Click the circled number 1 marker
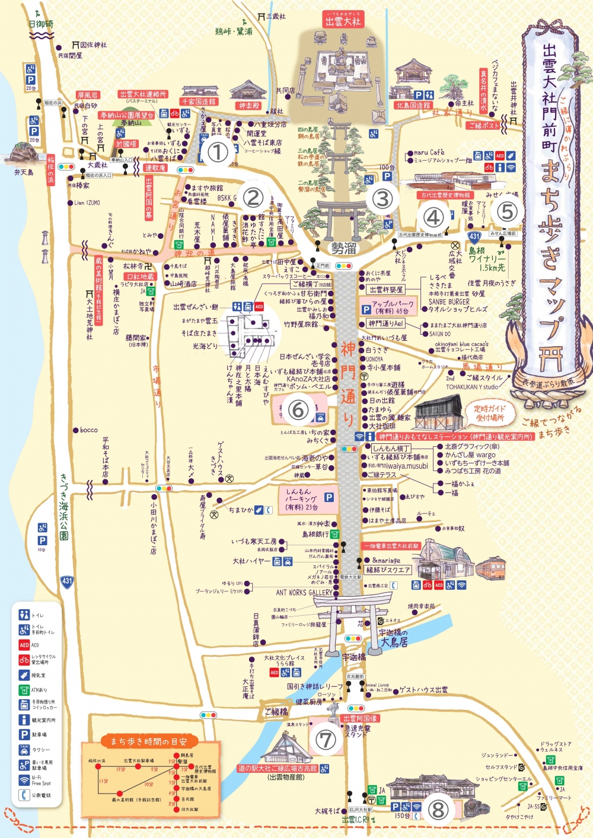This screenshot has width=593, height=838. [217, 152]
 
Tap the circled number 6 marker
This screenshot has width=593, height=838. [298, 409]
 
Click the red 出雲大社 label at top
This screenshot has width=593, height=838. [343, 20]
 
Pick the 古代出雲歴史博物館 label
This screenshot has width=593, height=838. [445, 195]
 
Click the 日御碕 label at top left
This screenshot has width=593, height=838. [41, 24]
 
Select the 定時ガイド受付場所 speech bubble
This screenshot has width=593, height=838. [489, 412]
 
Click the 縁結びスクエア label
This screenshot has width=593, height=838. [388, 570]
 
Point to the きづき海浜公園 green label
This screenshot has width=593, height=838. [63, 506]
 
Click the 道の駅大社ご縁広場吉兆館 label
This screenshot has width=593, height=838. [278, 769]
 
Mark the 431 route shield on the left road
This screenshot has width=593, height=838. [67, 581]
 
